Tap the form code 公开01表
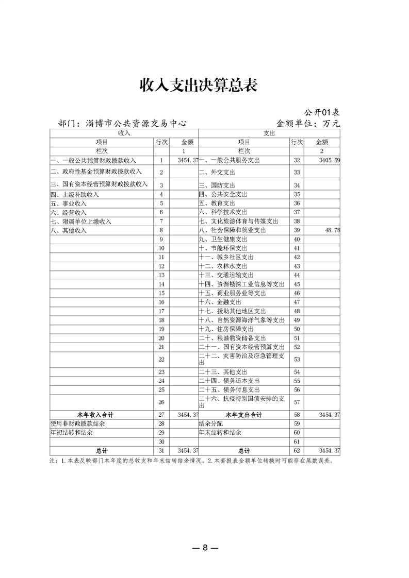[322, 112]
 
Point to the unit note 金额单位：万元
[308, 124]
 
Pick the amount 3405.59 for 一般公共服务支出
[329, 161]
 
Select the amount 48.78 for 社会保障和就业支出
[331, 230]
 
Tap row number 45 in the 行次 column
[297, 284]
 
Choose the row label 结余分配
[211, 423]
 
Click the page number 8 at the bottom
[205, 548]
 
